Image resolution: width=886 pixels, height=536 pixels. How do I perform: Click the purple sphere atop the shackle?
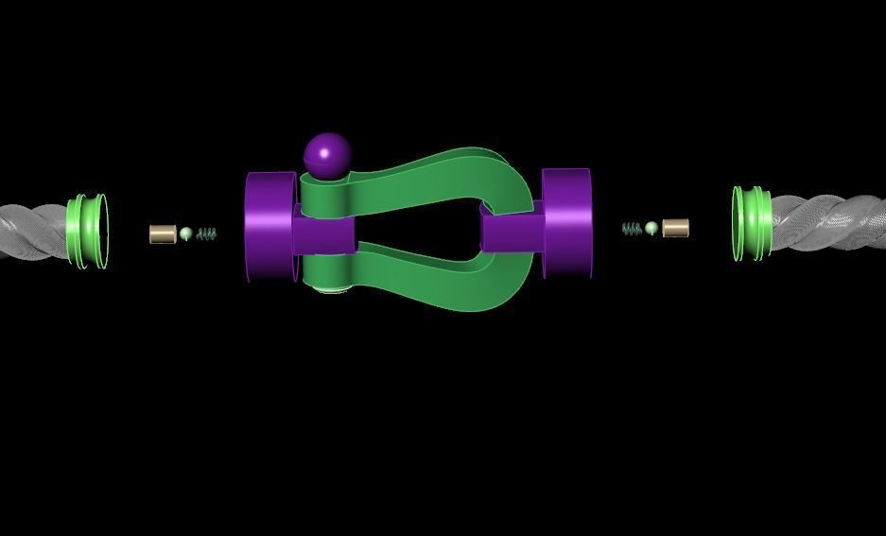[327, 154]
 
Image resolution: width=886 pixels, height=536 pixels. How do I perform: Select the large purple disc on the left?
[269, 227]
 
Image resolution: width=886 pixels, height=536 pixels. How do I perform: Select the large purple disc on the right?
[567, 223]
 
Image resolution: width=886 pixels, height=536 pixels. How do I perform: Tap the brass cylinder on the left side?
[163, 233]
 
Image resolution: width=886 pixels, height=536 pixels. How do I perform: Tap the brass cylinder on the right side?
[675, 228]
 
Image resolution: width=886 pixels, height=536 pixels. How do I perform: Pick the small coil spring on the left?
[207, 233]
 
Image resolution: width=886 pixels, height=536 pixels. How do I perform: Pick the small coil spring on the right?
[632, 229]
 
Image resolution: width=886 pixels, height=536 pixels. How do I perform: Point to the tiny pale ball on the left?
[186, 233]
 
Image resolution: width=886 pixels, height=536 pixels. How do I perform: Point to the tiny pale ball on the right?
[651, 228]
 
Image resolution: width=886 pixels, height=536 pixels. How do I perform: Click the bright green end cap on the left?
[87, 231]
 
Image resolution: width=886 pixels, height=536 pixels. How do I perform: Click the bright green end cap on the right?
[752, 223]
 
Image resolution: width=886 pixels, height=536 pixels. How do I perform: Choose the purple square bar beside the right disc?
[513, 230]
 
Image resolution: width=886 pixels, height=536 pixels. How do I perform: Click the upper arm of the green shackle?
[416, 173]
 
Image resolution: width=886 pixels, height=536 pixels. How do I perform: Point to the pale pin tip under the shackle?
[328, 288]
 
